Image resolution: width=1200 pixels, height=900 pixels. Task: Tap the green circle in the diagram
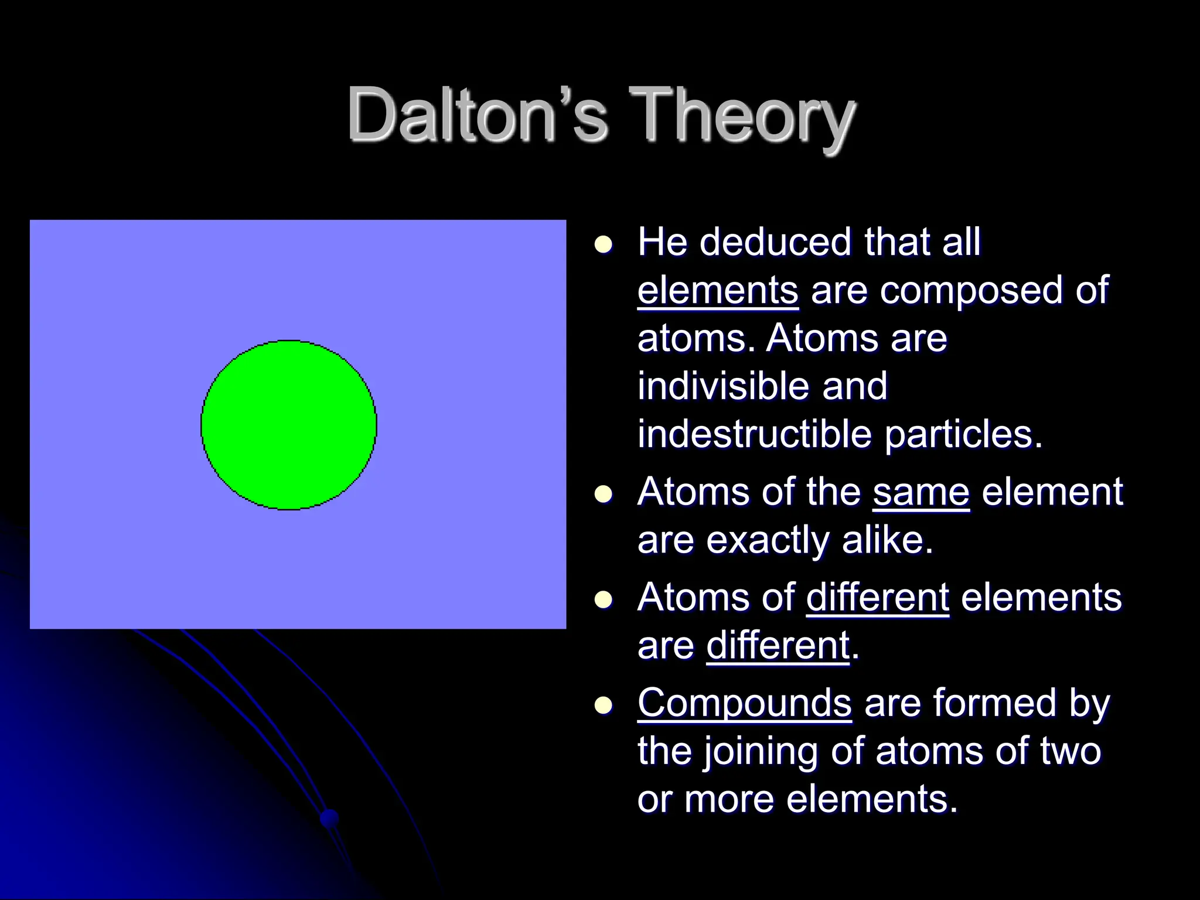coord(288,425)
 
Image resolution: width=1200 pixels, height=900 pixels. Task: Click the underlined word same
coord(921,492)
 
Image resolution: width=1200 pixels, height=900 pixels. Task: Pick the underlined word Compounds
coord(744,703)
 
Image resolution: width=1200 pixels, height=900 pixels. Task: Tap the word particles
coord(963,435)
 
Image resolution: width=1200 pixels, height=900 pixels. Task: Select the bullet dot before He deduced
coord(602,244)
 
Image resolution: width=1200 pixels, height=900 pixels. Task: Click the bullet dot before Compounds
coord(602,705)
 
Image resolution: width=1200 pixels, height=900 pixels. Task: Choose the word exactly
coord(768,540)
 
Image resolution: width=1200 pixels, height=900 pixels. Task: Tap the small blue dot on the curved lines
coord(330,817)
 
